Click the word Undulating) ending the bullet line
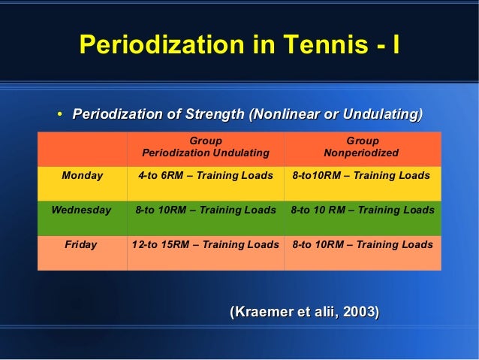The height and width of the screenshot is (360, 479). pyautogui.click(x=382, y=114)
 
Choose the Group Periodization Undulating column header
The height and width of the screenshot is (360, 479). pyautogui.click(x=205, y=147)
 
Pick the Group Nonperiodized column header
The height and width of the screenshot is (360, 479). pyautogui.click(x=362, y=147)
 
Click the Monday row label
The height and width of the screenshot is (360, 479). pyautogui.click(x=83, y=176)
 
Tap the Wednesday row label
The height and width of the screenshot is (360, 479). pyautogui.click(x=81, y=210)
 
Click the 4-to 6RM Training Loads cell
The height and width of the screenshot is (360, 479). pyautogui.click(x=205, y=176)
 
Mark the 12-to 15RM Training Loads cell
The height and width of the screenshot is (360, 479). pyautogui.click(x=205, y=245)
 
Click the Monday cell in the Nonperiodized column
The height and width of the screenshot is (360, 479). pyautogui.click(x=361, y=176)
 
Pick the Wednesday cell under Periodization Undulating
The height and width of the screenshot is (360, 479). pyautogui.click(x=205, y=210)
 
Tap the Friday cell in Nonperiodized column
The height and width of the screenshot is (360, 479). pyautogui.click(x=362, y=245)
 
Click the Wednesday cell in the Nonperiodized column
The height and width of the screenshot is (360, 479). pyautogui.click(x=362, y=210)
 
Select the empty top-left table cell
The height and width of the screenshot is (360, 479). pyautogui.click(x=82, y=147)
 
